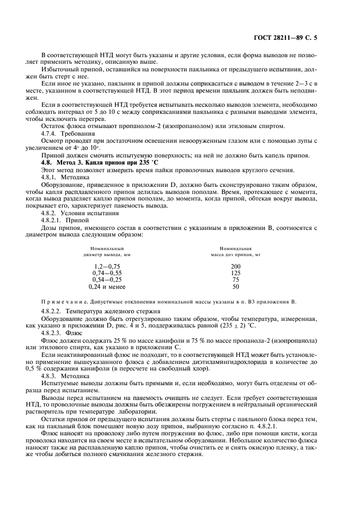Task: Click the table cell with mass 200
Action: (x=235, y=265)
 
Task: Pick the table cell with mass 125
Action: (x=235, y=272)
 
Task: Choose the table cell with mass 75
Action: (x=235, y=279)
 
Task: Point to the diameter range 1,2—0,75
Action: (x=107, y=265)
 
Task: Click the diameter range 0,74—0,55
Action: (x=107, y=272)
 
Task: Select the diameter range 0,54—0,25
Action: (x=107, y=279)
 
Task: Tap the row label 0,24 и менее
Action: (x=107, y=286)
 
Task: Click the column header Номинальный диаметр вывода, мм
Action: (x=107, y=251)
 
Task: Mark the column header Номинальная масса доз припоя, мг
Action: (x=235, y=251)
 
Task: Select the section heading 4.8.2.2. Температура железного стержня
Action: (x=89, y=311)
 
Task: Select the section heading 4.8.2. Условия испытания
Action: (x=75, y=214)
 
